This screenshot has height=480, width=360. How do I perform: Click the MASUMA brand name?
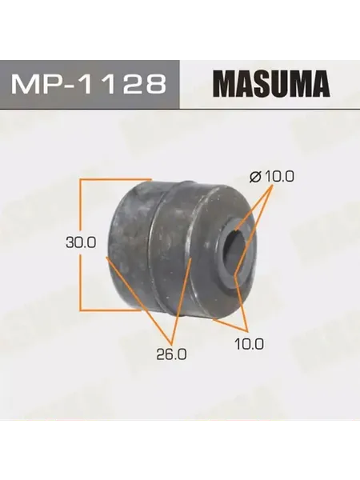tap(273, 84)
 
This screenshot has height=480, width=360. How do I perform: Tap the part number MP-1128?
tap(89, 84)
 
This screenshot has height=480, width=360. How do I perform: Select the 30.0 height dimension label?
tap(81, 242)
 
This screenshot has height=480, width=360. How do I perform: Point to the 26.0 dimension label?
tap(172, 354)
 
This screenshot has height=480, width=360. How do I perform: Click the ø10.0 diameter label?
tap(272, 177)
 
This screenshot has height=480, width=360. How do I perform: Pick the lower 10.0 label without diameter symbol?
tap(249, 344)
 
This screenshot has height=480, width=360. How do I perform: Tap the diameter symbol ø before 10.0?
tap(255, 177)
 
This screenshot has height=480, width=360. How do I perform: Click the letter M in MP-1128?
tap(25, 84)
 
